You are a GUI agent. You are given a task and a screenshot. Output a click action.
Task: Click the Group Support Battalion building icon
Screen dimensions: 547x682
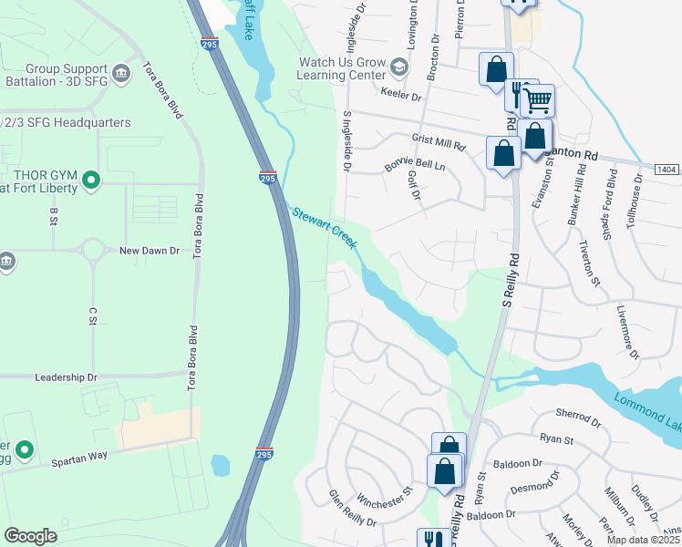(121, 72)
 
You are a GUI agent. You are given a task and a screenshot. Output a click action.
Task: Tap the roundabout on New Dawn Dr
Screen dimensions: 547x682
(91, 249)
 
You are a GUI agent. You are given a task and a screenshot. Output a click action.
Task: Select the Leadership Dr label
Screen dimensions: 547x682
(65, 377)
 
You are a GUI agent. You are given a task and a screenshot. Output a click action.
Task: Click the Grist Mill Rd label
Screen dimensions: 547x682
(439, 142)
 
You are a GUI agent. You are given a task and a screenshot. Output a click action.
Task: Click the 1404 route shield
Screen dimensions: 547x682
(667, 170)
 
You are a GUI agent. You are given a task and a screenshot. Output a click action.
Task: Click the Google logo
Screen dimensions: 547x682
(30, 536)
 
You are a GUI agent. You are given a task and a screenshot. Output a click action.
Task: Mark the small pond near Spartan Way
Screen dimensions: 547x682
(221, 466)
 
